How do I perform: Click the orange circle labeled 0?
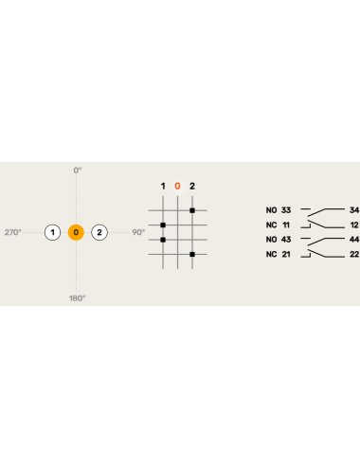point(77,232)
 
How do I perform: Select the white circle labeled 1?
point(53,232)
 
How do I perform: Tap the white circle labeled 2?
point(100,232)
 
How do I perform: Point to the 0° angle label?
point(78,170)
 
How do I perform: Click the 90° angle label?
point(138,232)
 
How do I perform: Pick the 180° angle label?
point(78,297)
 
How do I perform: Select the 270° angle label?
point(12,232)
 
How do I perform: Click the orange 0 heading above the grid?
point(177,186)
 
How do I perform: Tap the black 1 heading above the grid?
point(163,186)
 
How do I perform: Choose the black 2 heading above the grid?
point(192,186)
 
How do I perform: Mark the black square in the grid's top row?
point(192,210)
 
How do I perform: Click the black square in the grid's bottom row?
point(192,254)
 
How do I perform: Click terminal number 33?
point(286,209)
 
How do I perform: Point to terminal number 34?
point(354,209)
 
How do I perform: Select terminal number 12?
point(354,225)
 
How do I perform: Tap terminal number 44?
point(354,239)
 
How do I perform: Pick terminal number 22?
point(354,254)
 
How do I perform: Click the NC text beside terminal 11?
point(271,225)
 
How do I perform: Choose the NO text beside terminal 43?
point(271,239)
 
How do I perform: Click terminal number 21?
point(286,254)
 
